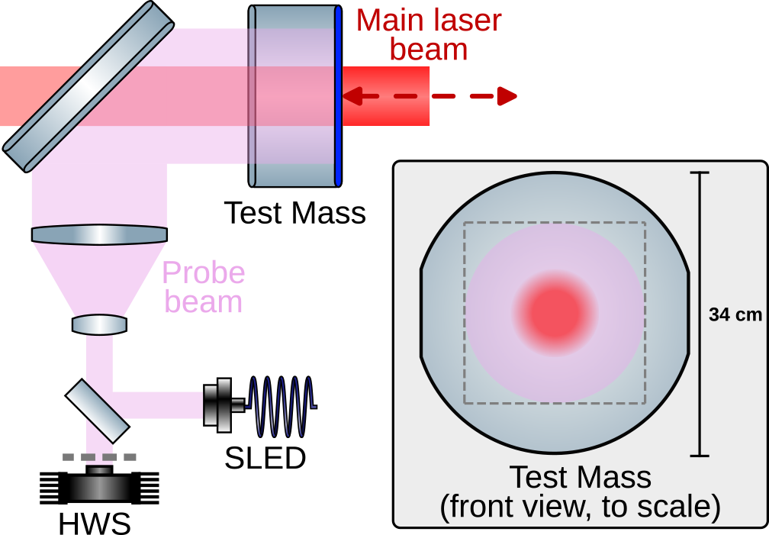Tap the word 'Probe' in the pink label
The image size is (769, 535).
[x=204, y=272]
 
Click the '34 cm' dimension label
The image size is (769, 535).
[x=735, y=314]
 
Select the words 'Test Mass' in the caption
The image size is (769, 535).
[x=580, y=478]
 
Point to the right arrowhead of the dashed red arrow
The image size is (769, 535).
[x=507, y=96]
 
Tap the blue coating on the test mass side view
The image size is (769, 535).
[x=337, y=96]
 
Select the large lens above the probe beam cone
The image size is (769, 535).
[x=99, y=234]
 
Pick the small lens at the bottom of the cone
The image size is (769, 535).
[x=99, y=325]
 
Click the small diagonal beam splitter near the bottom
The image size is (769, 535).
[x=97, y=411]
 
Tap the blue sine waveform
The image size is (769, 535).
[x=282, y=405]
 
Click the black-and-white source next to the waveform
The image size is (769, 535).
[x=221, y=405]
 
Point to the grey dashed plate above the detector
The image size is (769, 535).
[x=99, y=457]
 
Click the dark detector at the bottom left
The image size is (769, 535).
[x=99, y=486]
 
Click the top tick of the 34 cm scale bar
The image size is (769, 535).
[x=699, y=173]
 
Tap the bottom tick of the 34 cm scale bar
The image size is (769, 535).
[x=699, y=456]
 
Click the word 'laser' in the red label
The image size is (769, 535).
[x=465, y=21]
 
